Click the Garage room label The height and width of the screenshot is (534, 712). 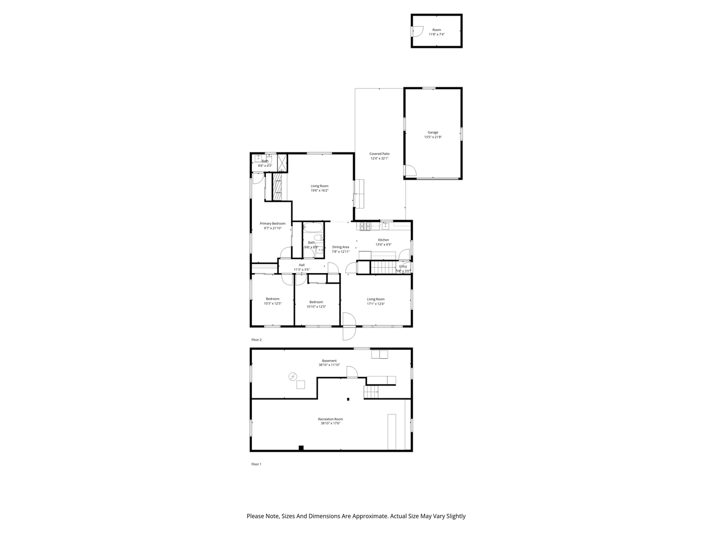click(x=433, y=132)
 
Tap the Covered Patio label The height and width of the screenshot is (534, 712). click(x=379, y=154)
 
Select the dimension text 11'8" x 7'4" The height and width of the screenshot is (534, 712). click(x=437, y=34)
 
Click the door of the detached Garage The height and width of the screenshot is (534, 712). click(x=410, y=171)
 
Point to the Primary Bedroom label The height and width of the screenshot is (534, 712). click(x=273, y=223)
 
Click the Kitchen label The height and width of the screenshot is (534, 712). click(x=383, y=240)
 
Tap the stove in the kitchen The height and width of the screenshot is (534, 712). click(x=366, y=226)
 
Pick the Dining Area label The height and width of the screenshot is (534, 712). click(x=340, y=247)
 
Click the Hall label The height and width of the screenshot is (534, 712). click(x=301, y=265)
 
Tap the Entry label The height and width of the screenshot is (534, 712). click(x=403, y=266)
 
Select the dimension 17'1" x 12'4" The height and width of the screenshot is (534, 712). click(x=375, y=304)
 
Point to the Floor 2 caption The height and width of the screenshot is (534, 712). click(x=256, y=339)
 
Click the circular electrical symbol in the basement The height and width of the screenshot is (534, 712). click(x=293, y=377)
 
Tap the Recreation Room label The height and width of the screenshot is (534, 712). click(x=330, y=419)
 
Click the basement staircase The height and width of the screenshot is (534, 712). click(x=372, y=392)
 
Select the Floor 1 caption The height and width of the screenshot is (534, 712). click(x=256, y=464)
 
